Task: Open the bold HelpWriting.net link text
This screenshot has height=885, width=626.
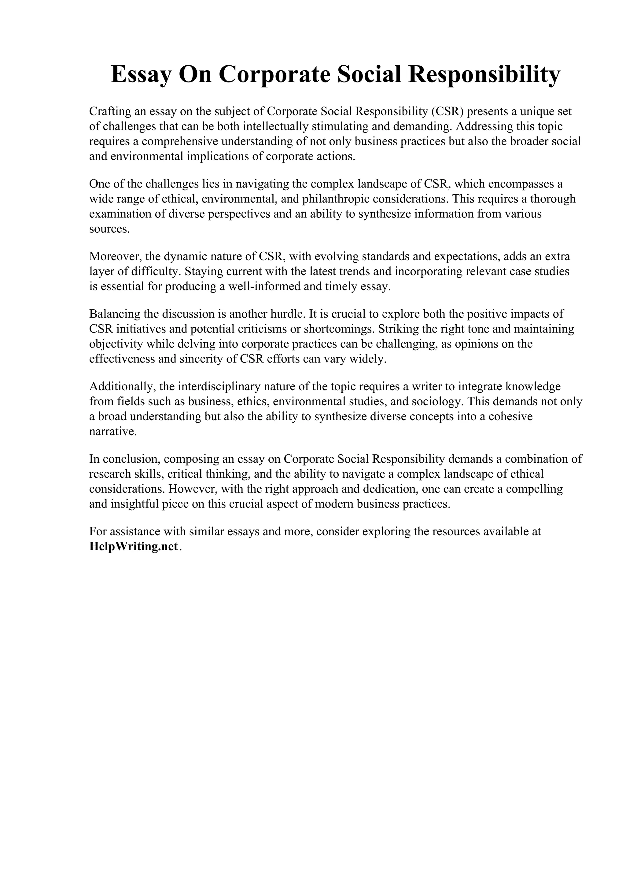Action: (134, 547)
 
